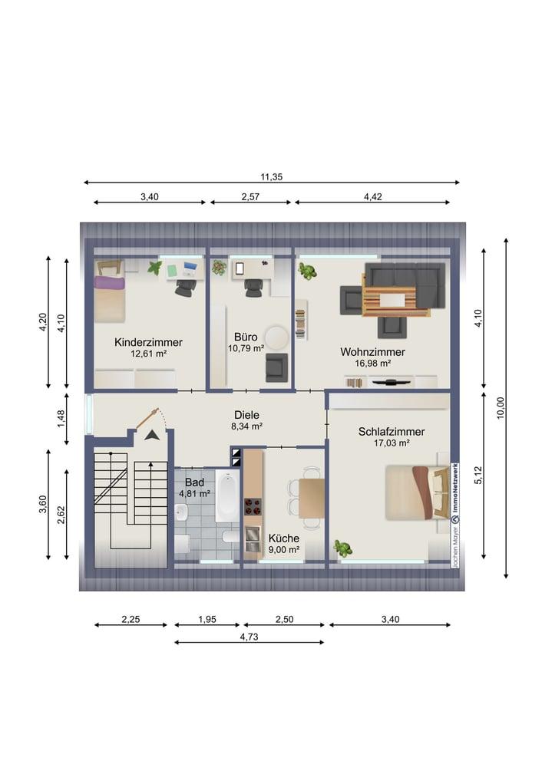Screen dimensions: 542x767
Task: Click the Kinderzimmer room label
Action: [x=148, y=342]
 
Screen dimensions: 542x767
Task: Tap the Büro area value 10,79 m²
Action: [x=246, y=348]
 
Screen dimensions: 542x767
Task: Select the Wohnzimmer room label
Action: [x=372, y=352]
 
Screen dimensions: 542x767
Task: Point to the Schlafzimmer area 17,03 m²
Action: [x=392, y=443]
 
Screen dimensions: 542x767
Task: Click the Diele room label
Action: [x=246, y=415]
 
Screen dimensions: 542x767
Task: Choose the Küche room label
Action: [x=284, y=538]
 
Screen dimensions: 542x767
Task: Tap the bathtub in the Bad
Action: [x=227, y=496]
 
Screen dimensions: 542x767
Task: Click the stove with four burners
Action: [x=253, y=507]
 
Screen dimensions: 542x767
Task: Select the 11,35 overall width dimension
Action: [x=271, y=177]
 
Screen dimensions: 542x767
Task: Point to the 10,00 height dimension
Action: [x=500, y=408]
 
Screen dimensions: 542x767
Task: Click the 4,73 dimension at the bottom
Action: [x=249, y=637]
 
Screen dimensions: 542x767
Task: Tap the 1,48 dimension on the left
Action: [x=61, y=419]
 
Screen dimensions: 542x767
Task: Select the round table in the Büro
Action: [x=277, y=337]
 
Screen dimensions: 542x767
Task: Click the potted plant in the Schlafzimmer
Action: [x=343, y=548]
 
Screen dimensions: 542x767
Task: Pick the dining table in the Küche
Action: [x=312, y=498]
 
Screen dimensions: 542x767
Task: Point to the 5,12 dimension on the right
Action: [x=478, y=475]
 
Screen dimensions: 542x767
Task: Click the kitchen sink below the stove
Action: [x=253, y=539]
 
